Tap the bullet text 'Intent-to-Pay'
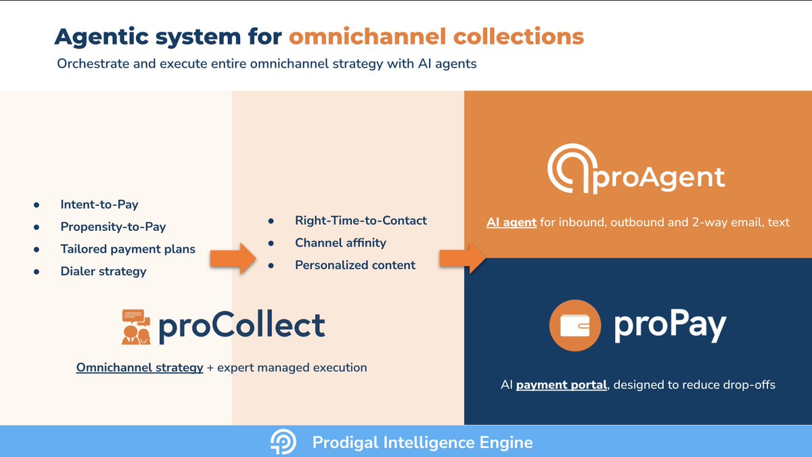pyautogui.click(x=99, y=204)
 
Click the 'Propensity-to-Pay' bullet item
pyautogui.click(x=113, y=227)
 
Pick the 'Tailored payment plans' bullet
pyautogui.click(x=128, y=249)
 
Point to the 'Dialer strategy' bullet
pyautogui.click(x=103, y=271)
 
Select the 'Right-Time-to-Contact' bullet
pyautogui.click(x=361, y=221)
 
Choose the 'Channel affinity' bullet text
pyautogui.click(x=340, y=243)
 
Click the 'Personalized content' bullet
pyautogui.click(x=355, y=265)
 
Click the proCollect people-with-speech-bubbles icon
pyautogui.click(x=137, y=326)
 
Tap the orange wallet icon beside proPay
pyautogui.click(x=575, y=326)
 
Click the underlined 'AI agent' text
pyautogui.click(x=511, y=222)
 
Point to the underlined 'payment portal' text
pyautogui.click(x=561, y=385)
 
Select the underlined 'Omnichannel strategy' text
pyautogui.click(x=139, y=368)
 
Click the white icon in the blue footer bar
pyautogui.click(x=283, y=443)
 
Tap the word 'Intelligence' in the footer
pyautogui.click(x=424, y=443)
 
